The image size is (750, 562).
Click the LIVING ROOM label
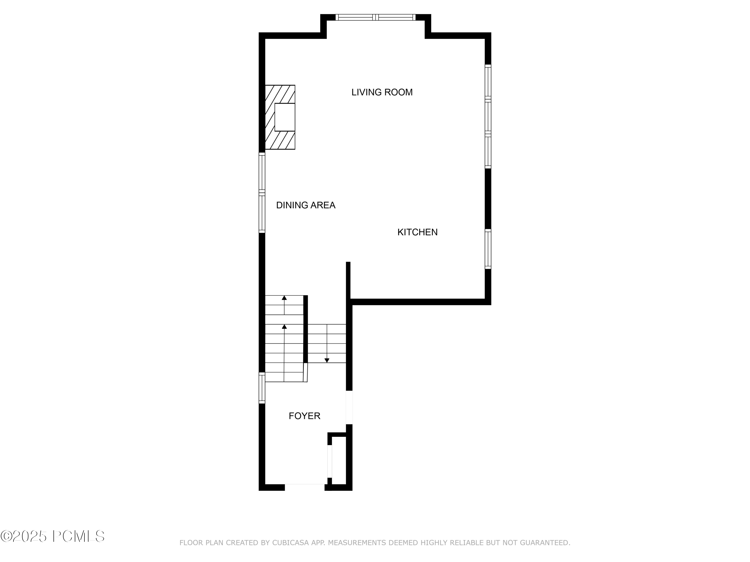coord(382,92)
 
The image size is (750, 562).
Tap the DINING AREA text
coord(305,205)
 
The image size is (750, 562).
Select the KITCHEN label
coord(417,232)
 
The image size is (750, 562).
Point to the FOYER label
coord(304,416)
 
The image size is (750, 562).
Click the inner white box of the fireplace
coord(285,117)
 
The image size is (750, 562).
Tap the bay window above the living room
coord(375,17)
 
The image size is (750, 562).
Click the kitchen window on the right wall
coord(488,249)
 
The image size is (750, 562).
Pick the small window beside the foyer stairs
coord(262,388)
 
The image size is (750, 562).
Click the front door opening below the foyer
coord(304,487)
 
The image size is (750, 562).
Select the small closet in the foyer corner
coord(339,460)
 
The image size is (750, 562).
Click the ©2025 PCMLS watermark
coord(52,536)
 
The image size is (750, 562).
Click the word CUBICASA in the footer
coord(290,543)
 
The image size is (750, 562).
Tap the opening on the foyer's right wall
coord(349,407)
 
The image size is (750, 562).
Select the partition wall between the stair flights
coord(305,329)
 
